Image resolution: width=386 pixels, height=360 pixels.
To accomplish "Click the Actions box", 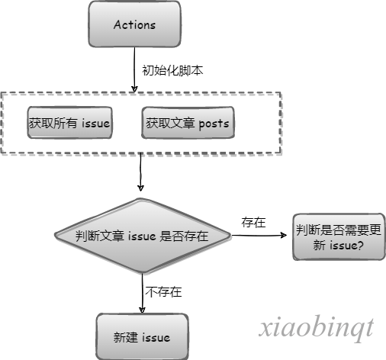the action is pyautogui.click(x=134, y=24).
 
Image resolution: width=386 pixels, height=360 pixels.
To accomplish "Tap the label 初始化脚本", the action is pyautogui.click(x=172, y=70).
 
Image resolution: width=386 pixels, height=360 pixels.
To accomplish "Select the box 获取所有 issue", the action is pyautogui.click(x=69, y=123).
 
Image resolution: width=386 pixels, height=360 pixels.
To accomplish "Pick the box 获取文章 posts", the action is pyautogui.click(x=188, y=123).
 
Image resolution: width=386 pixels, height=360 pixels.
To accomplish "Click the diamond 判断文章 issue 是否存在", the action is pyautogui.click(x=143, y=236).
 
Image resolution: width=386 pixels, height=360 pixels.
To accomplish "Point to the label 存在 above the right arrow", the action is pyautogui.click(x=253, y=223).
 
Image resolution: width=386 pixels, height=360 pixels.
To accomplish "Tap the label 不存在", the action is pyautogui.click(x=163, y=291).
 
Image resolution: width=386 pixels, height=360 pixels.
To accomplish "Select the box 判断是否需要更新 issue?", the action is pyautogui.click(x=339, y=237).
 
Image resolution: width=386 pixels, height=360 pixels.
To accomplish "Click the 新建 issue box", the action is pyautogui.click(x=142, y=337).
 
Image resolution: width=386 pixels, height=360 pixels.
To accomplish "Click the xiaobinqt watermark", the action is pyautogui.click(x=317, y=328).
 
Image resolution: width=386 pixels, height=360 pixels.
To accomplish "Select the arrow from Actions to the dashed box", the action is pyautogui.click(x=134, y=69).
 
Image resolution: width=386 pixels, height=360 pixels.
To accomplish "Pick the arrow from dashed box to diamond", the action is pyautogui.click(x=140, y=172).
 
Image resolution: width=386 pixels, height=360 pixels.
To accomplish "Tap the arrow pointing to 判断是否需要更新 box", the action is pyautogui.click(x=259, y=235).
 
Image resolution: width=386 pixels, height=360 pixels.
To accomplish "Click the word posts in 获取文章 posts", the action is pyautogui.click(x=214, y=124).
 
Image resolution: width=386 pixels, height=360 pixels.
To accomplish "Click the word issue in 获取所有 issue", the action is pyautogui.click(x=95, y=123).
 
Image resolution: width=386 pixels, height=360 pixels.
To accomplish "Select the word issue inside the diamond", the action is pyautogui.click(x=142, y=236).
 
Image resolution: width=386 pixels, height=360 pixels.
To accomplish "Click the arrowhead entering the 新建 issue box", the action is pyautogui.click(x=143, y=310).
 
